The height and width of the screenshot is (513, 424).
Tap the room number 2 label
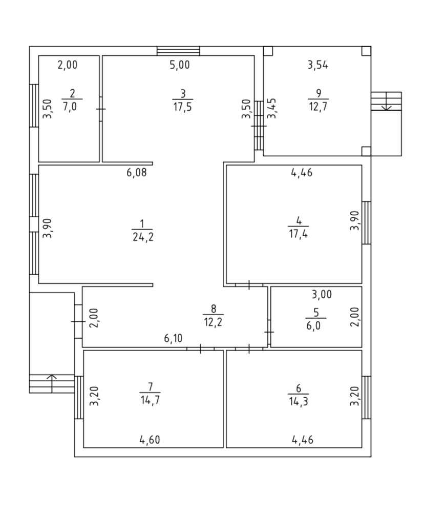click(72, 93)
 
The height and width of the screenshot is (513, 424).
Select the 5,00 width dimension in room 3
click(180, 65)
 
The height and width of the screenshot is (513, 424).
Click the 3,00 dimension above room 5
click(322, 294)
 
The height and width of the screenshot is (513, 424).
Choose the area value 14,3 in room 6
click(299, 401)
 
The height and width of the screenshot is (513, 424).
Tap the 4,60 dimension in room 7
click(150, 439)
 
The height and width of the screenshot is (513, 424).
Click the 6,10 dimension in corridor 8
click(174, 338)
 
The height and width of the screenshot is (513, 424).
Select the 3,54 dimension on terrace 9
click(317, 65)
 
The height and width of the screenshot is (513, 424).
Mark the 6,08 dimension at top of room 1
click(137, 173)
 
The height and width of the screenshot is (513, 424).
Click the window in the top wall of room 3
click(178, 51)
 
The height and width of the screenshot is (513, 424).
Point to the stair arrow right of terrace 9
click(386, 106)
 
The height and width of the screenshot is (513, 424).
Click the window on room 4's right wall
click(366, 222)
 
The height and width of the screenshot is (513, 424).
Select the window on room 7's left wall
click(79, 397)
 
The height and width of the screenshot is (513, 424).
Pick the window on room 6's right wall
click(366, 397)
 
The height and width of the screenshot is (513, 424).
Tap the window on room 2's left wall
click(34, 106)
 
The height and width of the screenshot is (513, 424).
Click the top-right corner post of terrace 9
click(366, 51)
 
